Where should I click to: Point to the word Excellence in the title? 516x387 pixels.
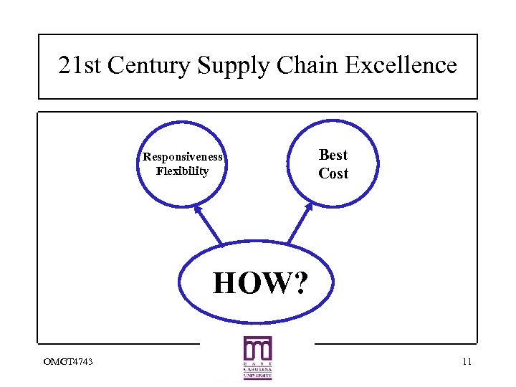pyautogui.click(x=401, y=66)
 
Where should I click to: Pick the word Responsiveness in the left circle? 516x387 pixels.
pyautogui.click(x=183, y=157)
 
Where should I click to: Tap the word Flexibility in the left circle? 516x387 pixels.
pyautogui.click(x=182, y=171)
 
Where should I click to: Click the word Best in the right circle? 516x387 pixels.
pyautogui.click(x=333, y=155)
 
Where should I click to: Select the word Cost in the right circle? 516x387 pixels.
pyautogui.click(x=333, y=173)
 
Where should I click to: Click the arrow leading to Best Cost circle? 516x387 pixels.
pyautogui.click(x=300, y=224)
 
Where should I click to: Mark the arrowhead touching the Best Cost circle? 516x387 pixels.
pyautogui.click(x=309, y=206)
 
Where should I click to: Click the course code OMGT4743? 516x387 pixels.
pyautogui.click(x=62, y=360)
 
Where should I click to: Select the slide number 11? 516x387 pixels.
pyautogui.click(x=467, y=360)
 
